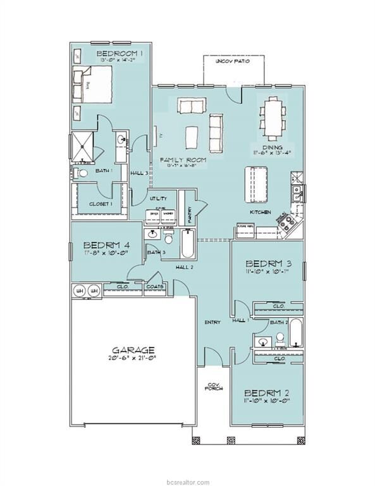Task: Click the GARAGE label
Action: click(133, 349)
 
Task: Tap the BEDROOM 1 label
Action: click(120, 54)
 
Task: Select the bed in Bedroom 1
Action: click(95, 84)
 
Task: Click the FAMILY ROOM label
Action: click(183, 159)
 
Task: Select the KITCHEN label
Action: click(260, 213)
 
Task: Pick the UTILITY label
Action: click(158, 198)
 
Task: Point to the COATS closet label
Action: click(155, 287)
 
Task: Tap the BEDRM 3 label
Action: click(268, 263)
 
